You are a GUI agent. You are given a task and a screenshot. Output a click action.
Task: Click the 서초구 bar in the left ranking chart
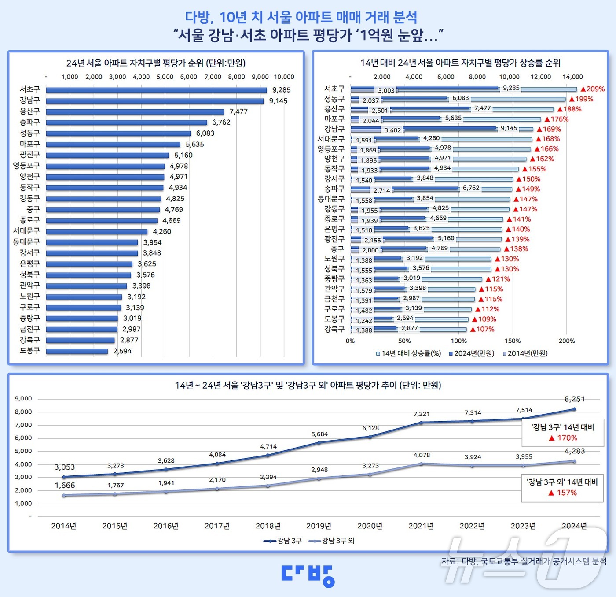[156, 90]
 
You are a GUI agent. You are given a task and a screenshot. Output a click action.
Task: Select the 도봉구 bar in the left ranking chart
[77, 351]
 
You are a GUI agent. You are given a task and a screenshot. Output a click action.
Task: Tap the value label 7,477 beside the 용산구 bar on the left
[238, 111]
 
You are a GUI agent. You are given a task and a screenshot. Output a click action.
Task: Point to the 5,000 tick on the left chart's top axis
[165, 77]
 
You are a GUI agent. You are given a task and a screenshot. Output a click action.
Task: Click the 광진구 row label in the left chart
[29, 155]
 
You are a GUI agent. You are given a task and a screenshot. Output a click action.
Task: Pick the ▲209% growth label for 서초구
[592, 89]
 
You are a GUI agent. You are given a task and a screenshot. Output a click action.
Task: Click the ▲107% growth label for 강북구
[482, 329]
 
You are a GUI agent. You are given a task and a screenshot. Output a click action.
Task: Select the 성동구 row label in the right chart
[334, 99]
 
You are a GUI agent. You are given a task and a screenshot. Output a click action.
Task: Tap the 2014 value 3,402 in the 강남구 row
[392, 130]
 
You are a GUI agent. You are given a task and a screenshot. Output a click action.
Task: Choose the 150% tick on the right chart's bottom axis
[513, 341]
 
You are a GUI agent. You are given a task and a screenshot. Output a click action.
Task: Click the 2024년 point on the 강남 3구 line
[574, 409]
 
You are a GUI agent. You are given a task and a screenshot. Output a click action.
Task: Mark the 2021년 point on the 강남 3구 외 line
[421, 464]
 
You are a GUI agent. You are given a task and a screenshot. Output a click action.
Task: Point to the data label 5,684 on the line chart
[319, 434]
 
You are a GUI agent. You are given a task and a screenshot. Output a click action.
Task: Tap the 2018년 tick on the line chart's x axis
[268, 526]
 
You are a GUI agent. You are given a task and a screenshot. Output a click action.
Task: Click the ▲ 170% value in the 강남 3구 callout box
[563, 438]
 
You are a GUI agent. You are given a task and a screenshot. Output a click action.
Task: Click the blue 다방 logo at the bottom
[308, 575]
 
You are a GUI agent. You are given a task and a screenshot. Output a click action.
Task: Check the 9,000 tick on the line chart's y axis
[23, 399]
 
